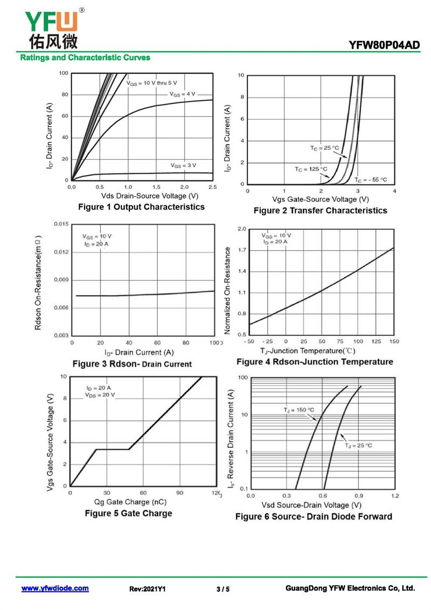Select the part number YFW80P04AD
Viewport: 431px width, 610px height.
pos(384,45)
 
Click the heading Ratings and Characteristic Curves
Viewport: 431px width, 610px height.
pos(85,57)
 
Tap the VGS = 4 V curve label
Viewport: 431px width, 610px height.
pos(183,94)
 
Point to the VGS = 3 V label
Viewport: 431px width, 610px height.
pos(183,165)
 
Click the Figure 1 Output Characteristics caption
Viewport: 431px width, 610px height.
pos(141,207)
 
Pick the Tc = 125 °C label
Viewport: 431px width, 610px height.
pos(311,169)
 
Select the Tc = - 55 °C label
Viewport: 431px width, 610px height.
pos(371,180)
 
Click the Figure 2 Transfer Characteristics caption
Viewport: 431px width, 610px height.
pos(320,210)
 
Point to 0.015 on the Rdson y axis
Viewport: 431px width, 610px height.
pos(61,224)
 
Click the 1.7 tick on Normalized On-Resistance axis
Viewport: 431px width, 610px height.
pos(242,250)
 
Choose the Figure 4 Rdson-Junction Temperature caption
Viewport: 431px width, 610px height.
pos(315,361)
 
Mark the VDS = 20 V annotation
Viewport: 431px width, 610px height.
pos(100,395)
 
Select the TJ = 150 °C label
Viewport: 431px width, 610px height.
pos(298,410)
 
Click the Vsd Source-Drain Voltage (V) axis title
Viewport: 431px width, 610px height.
pos(311,505)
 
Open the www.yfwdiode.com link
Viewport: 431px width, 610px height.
pos(55,588)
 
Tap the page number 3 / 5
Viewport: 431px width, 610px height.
pos(223,589)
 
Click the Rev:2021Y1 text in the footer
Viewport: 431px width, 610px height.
pos(147,589)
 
